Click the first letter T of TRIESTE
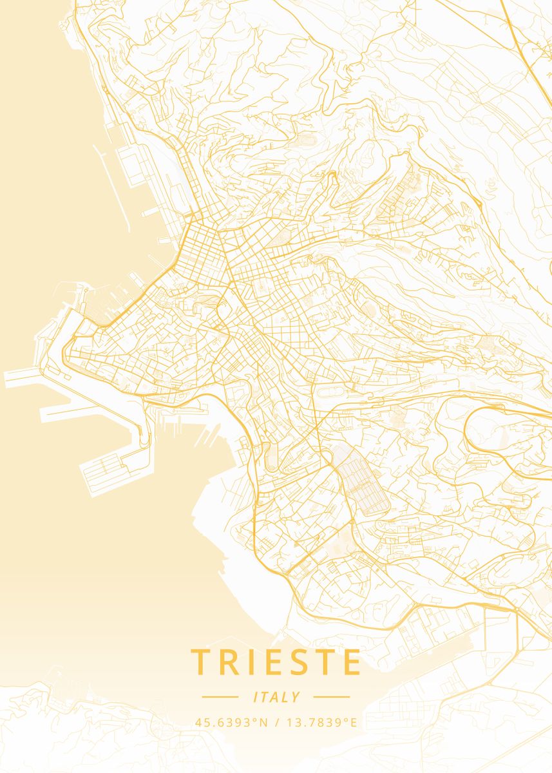[x=200, y=662]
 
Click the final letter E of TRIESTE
[x=352, y=662]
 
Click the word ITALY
[x=276, y=697]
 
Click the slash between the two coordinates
[x=275, y=722]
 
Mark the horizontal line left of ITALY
[x=220, y=697]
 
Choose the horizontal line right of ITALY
[x=331, y=697]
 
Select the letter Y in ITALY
[x=296, y=697]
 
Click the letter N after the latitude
[x=263, y=722]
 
